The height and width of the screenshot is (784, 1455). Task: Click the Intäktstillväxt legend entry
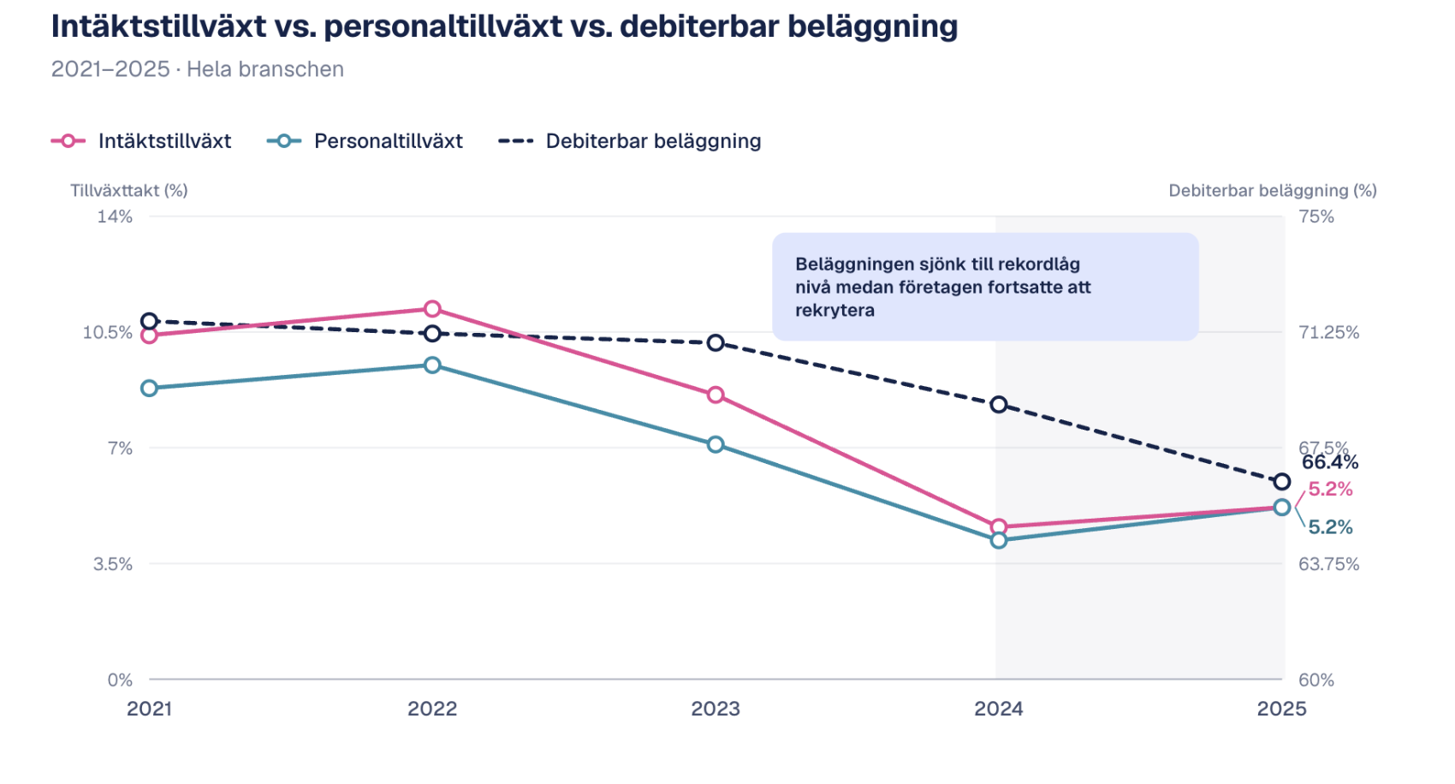point(142,141)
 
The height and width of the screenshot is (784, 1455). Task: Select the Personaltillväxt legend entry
point(365,141)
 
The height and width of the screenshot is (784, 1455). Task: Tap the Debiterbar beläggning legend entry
point(631,141)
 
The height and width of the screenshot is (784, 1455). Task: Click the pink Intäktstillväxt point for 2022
point(432,309)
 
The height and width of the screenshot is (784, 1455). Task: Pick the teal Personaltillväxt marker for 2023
point(716,444)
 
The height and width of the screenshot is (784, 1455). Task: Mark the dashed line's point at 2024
point(999,405)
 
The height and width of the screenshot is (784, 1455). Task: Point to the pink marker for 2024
point(999,527)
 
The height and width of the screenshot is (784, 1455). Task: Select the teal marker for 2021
point(150,389)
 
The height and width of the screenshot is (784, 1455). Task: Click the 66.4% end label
point(1330,463)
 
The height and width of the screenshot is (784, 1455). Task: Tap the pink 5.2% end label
point(1330,490)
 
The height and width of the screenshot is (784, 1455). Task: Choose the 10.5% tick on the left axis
point(108,332)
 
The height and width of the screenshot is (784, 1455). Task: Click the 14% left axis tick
point(115,217)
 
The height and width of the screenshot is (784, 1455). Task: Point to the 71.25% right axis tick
point(1328,332)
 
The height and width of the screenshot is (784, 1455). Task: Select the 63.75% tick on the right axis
point(1328,564)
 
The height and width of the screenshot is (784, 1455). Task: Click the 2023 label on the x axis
point(716,709)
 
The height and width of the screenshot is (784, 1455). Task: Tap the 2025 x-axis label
point(1281,709)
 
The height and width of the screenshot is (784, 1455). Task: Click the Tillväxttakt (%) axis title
point(129,191)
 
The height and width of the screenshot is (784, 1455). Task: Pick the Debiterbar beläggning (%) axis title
point(1272,191)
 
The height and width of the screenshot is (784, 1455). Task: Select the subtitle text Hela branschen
point(265,69)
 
